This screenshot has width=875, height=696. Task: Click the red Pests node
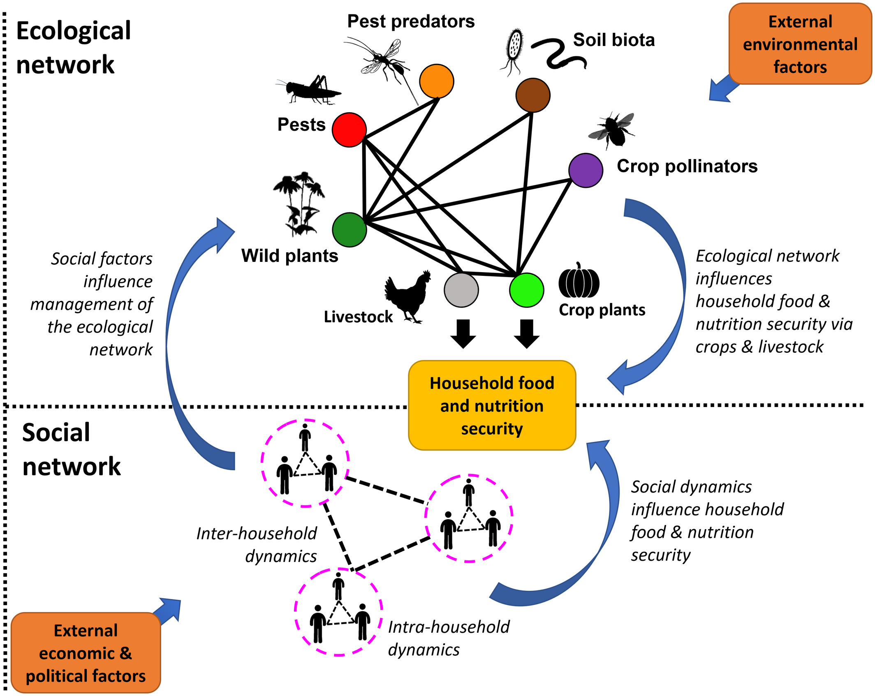349,130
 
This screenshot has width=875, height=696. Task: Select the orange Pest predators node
436,81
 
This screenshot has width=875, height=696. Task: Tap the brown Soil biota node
533,95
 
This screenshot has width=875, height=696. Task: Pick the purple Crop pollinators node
586,170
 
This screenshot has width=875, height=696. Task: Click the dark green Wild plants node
349,229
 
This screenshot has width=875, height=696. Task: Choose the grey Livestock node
461,290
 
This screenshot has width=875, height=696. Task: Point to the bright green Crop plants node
526,290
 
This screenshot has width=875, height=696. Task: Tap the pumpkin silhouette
579,282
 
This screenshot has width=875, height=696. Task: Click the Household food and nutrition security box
492,405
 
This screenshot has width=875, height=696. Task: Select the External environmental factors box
800,44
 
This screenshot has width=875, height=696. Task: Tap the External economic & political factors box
86,653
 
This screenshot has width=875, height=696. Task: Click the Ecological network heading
73,47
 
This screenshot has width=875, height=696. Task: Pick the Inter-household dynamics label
257,545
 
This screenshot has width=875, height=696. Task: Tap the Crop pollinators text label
687,166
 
